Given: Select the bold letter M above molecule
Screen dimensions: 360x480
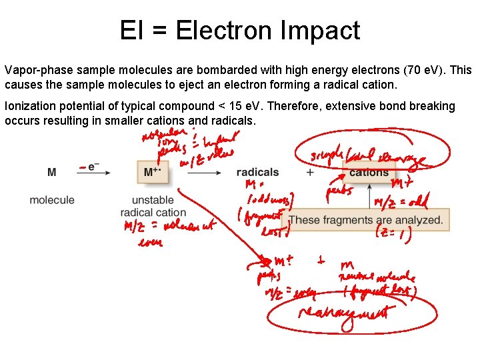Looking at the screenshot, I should point(52,173).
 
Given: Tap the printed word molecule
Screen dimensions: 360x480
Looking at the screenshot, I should point(52,200).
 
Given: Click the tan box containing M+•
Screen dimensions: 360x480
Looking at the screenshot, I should point(153,172).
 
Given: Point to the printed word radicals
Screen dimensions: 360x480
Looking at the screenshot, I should point(257,173).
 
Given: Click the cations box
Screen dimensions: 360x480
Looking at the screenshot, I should point(369,172).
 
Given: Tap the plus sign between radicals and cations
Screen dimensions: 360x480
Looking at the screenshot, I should point(309,173).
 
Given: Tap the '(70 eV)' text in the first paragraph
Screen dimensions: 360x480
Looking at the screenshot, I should point(424,70).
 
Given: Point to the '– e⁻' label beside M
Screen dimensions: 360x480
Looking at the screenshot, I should point(91,167).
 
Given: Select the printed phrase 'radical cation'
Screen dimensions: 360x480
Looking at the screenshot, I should point(153,213).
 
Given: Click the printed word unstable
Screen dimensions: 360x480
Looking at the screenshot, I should point(153,200).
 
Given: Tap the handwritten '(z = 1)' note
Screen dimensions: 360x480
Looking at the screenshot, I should point(394,233).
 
